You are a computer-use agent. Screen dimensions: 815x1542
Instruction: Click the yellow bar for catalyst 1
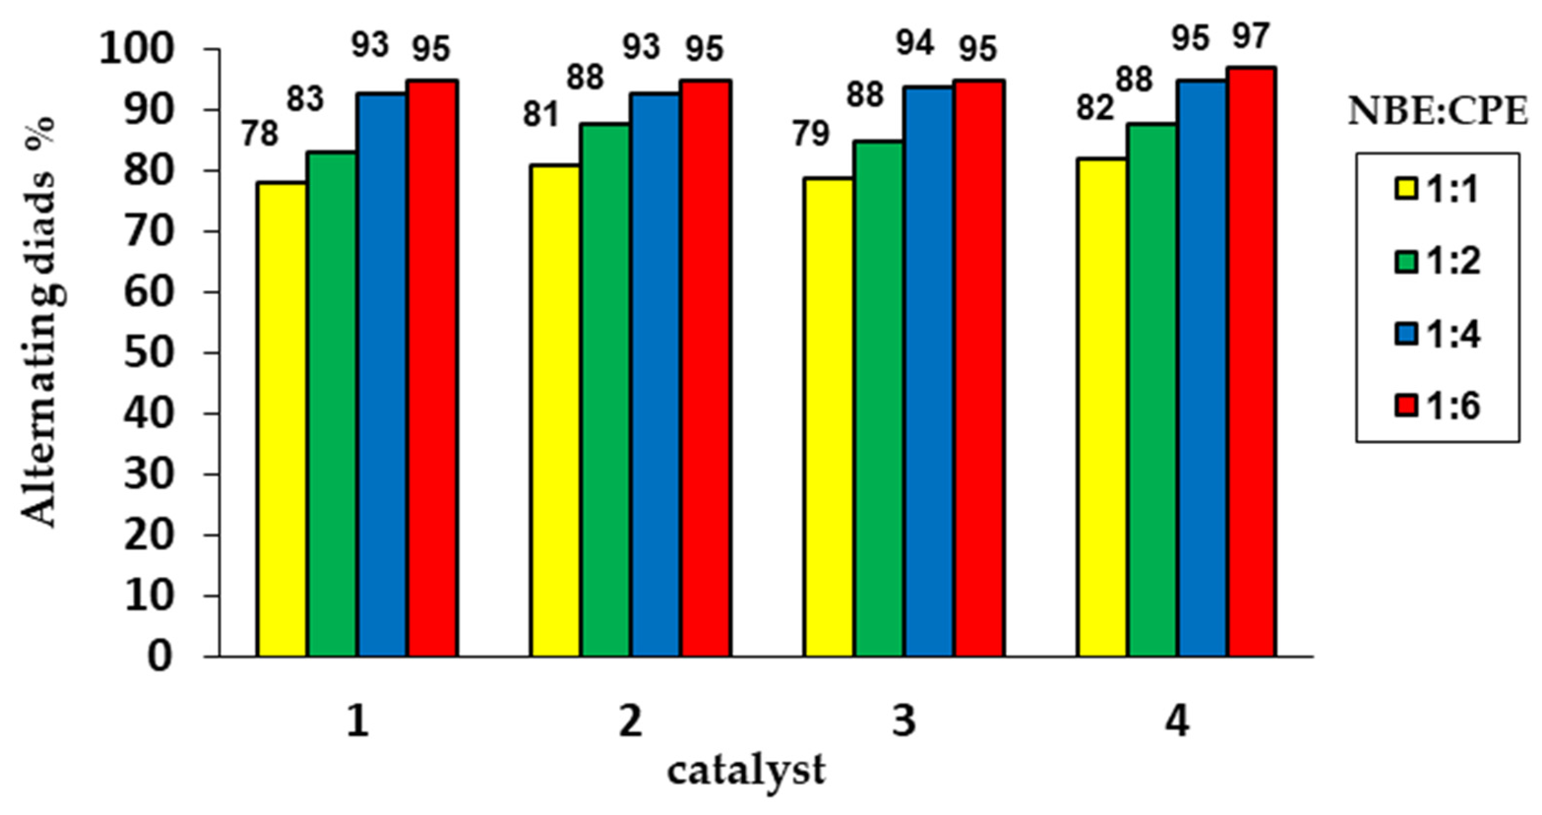click(282, 419)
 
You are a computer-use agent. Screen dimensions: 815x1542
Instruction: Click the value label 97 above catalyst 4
click(1251, 37)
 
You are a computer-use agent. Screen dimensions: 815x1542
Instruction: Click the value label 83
click(305, 99)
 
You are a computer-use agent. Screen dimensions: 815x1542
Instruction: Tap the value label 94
click(915, 44)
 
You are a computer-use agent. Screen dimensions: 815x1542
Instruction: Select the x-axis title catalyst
click(747, 771)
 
